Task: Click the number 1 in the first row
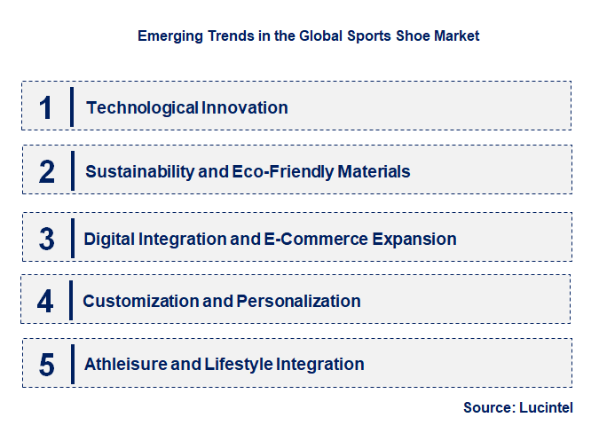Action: tap(47, 107)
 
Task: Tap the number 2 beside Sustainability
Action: tap(47, 171)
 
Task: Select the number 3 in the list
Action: tap(47, 239)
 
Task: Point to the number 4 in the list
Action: tap(45, 301)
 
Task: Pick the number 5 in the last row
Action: tap(47, 364)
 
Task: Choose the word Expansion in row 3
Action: tap(415, 239)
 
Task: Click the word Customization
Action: tap(141, 301)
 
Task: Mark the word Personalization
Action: tap(298, 301)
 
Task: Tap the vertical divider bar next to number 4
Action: tap(71, 301)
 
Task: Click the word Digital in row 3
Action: tap(109, 239)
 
